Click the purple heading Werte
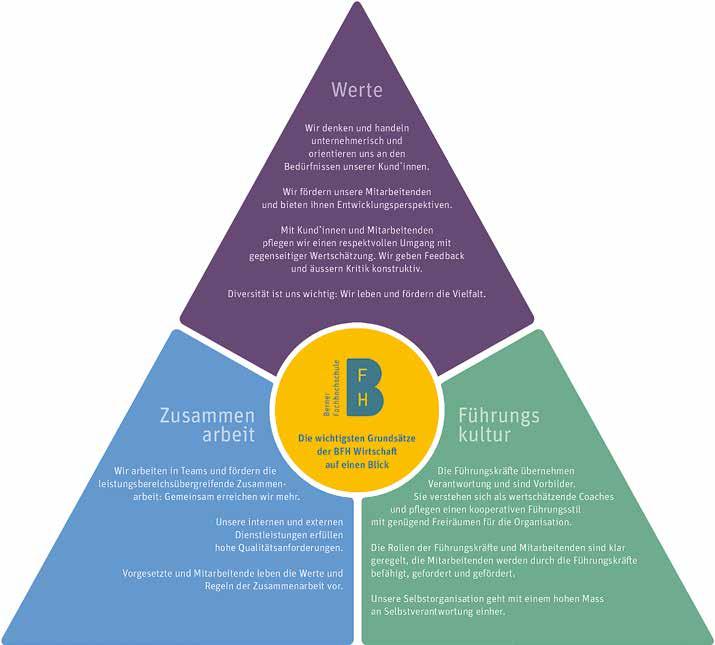[357, 91]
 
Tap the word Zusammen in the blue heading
[207, 415]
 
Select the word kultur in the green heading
[485, 436]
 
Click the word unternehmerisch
[357, 141]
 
